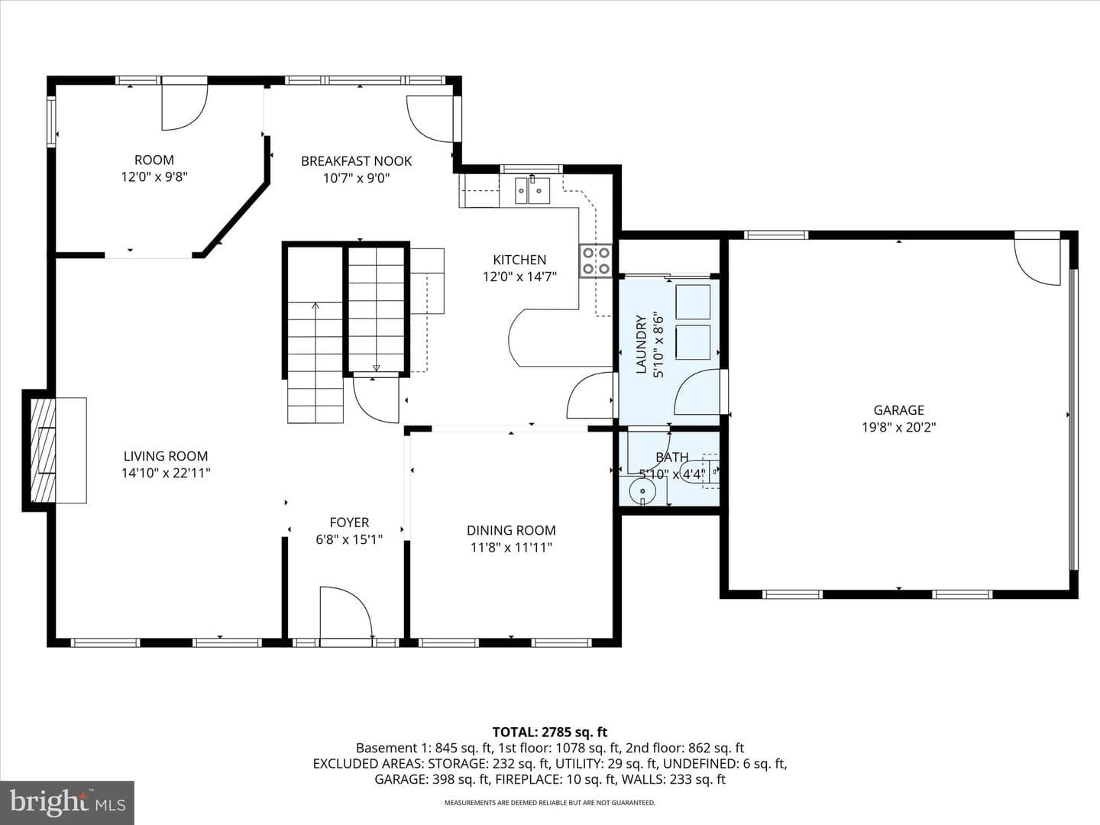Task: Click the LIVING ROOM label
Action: (x=165, y=456)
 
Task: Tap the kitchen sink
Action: (x=532, y=190)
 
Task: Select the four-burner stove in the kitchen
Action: (x=596, y=260)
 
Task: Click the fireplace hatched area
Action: (x=43, y=450)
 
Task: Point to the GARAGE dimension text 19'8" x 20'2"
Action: (x=898, y=427)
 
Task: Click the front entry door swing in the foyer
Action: (x=346, y=613)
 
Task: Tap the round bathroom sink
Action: (x=642, y=490)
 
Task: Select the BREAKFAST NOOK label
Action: (x=356, y=160)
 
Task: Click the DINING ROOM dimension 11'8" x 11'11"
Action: (x=511, y=548)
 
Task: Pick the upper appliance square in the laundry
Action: (x=693, y=302)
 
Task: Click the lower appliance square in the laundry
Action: (x=693, y=342)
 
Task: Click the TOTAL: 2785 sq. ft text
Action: (x=550, y=733)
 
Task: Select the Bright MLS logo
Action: (x=67, y=802)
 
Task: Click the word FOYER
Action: (x=349, y=522)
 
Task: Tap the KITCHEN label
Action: (x=519, y=260)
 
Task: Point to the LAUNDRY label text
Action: (x=641, y=345)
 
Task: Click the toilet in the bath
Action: (x=700, y=471)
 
